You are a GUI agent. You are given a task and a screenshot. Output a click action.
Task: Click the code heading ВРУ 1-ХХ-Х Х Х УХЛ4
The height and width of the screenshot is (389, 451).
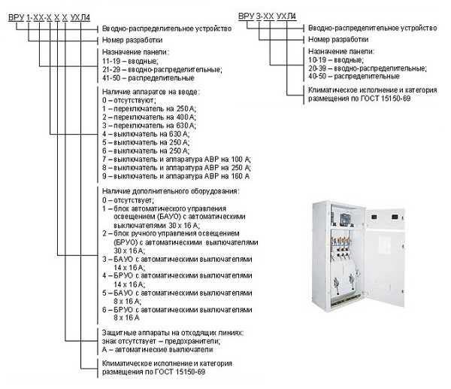[x=49, y=18]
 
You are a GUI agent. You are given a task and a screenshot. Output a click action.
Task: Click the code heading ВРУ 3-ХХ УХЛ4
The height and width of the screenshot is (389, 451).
[x=267, y=17]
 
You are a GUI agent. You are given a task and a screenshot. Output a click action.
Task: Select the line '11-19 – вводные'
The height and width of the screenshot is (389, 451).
[x=130, y=61]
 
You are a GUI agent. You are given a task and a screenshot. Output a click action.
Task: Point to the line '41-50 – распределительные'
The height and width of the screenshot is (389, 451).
[x=148, y=77]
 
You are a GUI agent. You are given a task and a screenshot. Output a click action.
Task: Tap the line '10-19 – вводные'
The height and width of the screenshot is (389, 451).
[x=336, y=60]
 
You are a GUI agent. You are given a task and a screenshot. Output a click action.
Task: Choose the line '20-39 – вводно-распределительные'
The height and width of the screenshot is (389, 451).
[x=368, y=68]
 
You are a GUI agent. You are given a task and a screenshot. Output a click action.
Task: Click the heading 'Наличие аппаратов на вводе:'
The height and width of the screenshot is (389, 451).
[x=150, y=92]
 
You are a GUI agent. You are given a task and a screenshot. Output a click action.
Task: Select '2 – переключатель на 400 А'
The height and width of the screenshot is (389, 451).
[x=149, y=117]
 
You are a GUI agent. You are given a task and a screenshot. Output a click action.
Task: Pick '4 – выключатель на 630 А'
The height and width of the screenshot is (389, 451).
[x=146, y=134]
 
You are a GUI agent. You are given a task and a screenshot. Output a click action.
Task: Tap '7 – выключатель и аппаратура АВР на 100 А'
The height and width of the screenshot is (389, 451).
[x=177, y=159]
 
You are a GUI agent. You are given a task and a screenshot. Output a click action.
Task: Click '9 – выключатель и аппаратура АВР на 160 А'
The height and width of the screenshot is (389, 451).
[x=176, y=176]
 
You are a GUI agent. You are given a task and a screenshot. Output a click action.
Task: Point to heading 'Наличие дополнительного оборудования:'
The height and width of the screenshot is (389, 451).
[x=171, y=191]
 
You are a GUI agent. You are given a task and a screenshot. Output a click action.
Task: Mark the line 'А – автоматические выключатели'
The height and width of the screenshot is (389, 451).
[x=157, y=350]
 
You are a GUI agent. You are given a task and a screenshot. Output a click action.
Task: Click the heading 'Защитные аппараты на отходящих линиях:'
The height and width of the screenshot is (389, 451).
[x=173, y=333]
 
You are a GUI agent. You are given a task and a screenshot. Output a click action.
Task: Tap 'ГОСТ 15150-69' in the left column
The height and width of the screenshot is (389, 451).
[x=180, y=372]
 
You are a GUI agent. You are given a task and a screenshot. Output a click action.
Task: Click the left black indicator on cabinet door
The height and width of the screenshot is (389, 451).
[x=374, y=217]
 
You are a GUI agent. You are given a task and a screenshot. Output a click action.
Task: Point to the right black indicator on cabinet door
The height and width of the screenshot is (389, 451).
[x=395, y=217]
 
